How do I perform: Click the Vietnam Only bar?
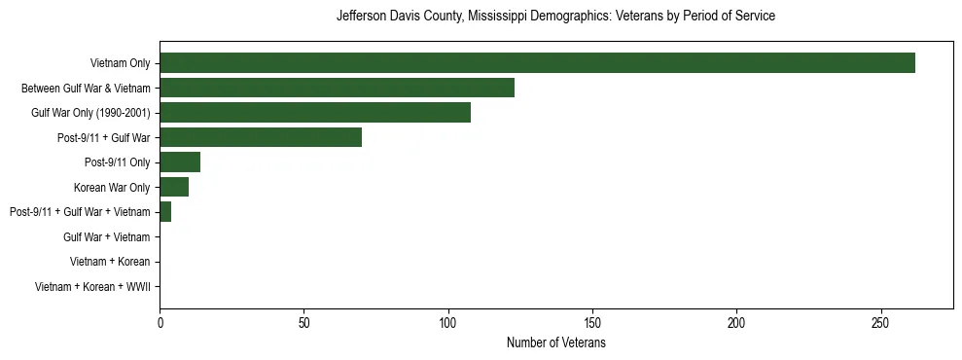coord(537,63)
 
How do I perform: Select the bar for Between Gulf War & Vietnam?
coord(337,89)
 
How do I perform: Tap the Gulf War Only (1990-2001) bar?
coord(315,113)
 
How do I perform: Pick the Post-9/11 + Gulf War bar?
coord(261,137)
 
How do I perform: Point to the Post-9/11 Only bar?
coord(180,162)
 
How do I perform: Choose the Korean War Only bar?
coord(174,187)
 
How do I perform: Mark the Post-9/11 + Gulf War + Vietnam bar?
coord(165,212)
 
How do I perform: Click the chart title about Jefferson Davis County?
coord(555,17)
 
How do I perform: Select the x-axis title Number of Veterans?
coord(555,343)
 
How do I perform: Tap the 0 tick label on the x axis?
coord(160,322)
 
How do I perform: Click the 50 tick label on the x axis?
coord(303,322)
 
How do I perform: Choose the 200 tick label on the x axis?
coord(736,322)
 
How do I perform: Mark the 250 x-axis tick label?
coord(881,322)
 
